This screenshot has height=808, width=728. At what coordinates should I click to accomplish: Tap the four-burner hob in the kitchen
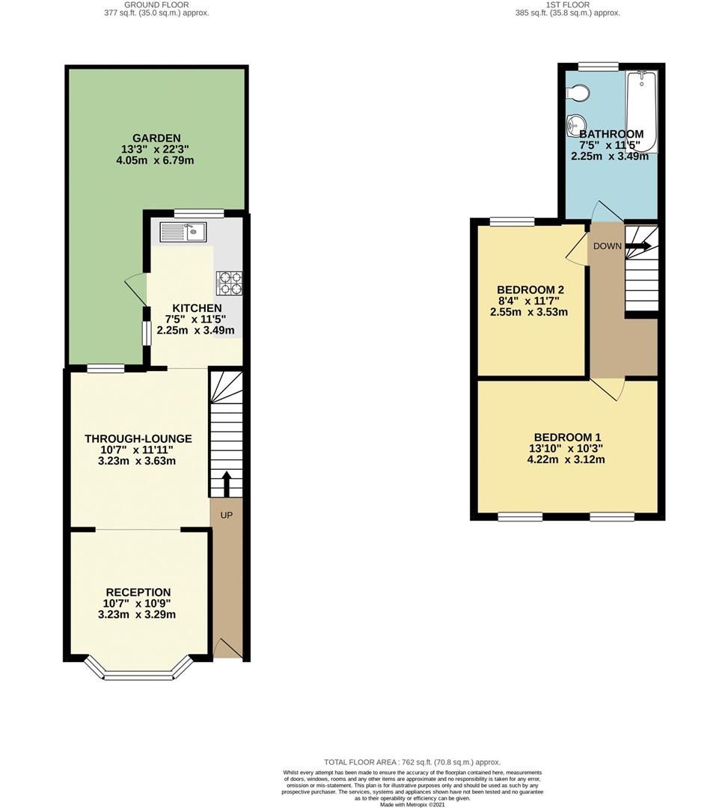230,283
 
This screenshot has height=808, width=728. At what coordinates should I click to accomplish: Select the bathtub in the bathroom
641,111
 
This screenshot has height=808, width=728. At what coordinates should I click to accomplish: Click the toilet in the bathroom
578,94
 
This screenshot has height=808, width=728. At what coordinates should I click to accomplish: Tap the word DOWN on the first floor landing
608,246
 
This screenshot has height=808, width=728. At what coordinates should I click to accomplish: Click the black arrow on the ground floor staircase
227,483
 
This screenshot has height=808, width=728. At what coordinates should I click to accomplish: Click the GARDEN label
156,138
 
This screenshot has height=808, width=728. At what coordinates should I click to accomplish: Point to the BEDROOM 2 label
530,290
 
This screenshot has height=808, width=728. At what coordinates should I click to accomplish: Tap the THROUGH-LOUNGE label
138,439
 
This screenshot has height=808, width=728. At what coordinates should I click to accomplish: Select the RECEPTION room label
138,593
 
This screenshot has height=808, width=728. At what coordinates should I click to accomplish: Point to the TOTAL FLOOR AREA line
412,762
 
